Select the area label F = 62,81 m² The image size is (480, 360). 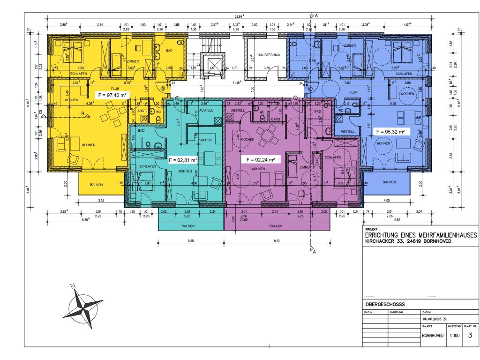[x=183, y=160]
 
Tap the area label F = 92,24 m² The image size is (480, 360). [x=261, y=159]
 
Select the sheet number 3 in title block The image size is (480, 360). [x=470, y=336]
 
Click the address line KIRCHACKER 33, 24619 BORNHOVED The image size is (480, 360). [x=408, y=242]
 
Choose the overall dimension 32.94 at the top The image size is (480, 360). [x=240, y=16]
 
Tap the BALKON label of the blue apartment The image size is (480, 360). [x=389, y=181]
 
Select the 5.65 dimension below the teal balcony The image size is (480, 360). [x=190, y=242]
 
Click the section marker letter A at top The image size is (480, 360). [x=316, y=15]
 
